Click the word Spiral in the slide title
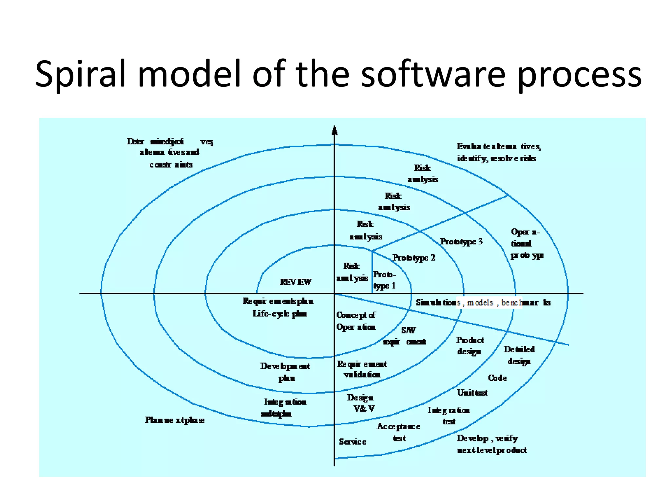(81, 74)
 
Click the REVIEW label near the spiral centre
(296, 282)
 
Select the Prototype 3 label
(461, 242)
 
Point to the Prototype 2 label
(414, 258)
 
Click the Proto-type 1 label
(384, 280)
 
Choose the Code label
(497, 378)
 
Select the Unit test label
(472, 393)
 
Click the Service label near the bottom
(352, 442)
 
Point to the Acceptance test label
(398, 432)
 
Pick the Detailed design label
(519, 355)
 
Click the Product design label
(470, 346)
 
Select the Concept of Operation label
(356, 321)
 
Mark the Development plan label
(285, 372)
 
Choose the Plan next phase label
(175, 420)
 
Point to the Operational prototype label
(526, 243)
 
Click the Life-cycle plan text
(279, 314)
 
